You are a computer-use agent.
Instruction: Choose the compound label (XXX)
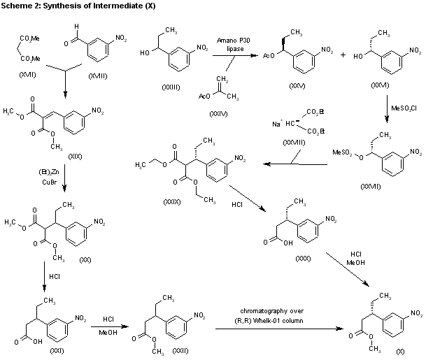(302, 258)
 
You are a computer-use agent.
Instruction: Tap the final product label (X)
(399, 349)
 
